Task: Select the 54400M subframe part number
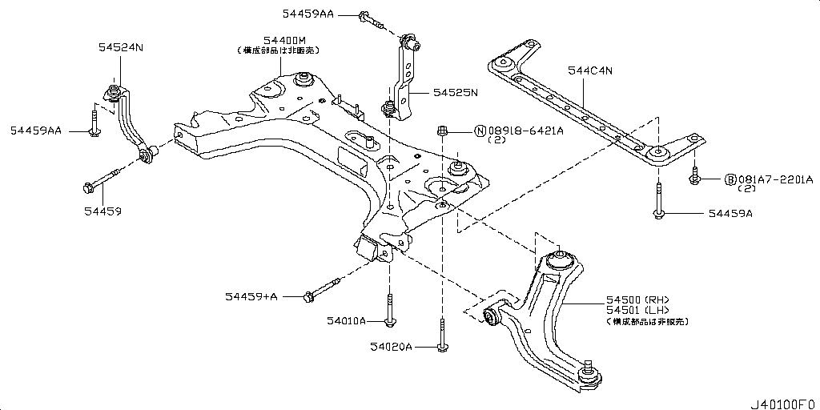point(276,39)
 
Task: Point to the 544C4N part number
point(589,71)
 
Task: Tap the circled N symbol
point(480,131)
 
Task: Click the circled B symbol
point(730,179)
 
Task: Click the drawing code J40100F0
point(782,400)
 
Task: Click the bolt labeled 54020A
point(441,336)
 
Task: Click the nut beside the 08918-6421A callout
point(442,130)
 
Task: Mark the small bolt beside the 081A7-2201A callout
point(694,178)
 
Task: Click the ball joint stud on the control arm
point(589,369)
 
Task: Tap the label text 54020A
point(391,347)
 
